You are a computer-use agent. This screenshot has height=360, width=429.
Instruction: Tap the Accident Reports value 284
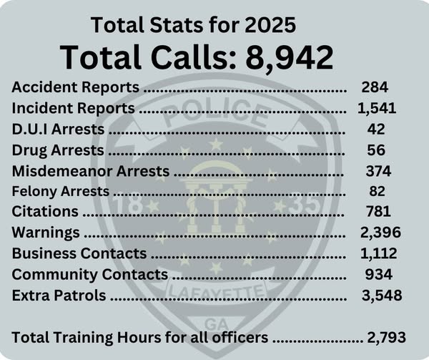[375, 89]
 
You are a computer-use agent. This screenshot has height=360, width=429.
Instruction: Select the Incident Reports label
[74, 110]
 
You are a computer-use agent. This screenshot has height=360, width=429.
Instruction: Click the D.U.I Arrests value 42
[375, 130]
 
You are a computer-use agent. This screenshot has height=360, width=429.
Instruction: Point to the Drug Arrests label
[59, 151]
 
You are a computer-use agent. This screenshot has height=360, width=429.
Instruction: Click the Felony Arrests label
[61, 192]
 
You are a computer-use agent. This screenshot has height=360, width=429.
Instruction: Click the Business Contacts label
[79, 253]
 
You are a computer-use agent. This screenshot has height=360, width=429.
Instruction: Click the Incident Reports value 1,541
[376, 110]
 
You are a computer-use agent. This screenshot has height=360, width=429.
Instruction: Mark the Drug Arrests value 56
[375, 151]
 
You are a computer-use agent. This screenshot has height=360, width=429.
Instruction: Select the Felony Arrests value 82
[375, 192]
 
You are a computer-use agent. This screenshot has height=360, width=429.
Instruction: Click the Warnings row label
[47, 233]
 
